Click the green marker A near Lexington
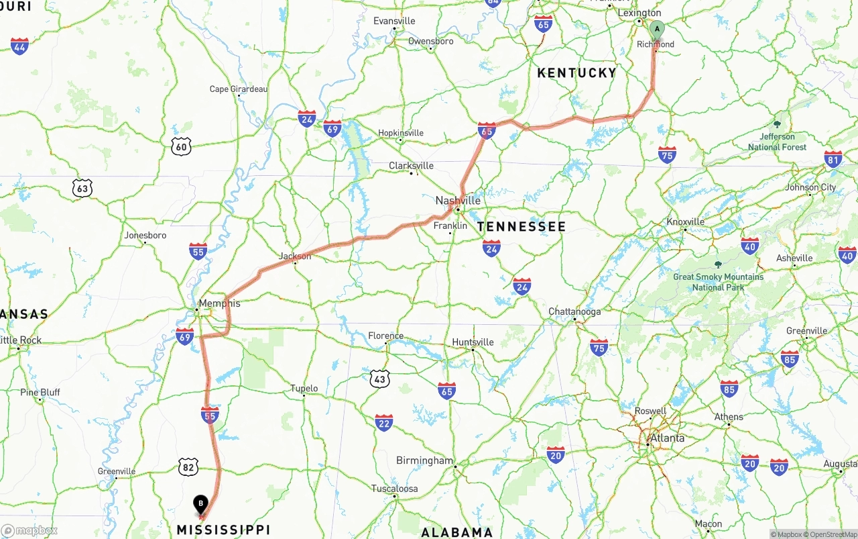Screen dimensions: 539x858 point(657,29)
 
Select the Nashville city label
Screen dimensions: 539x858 point(458,201)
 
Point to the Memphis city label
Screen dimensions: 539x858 point(219,303)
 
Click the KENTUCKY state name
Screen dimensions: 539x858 point(576,73)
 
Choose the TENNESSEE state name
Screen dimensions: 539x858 point(522,227)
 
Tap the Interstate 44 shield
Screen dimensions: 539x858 point(20,46)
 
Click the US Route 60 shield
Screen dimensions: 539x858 point(181,146)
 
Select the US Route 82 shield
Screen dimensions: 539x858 point(188,467)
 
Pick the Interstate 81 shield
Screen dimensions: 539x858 point(833,159)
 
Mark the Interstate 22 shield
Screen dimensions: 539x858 point(383,423)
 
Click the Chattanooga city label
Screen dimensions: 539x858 point(574,311)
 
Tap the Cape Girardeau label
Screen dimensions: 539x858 point(238,89)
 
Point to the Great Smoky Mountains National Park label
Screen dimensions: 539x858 point(718,282)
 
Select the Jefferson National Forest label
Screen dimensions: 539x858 point(778,142)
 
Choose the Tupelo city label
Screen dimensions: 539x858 point(304,389)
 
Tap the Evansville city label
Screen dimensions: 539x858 point(394,21)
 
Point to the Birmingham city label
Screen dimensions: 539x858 point(424,460)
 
